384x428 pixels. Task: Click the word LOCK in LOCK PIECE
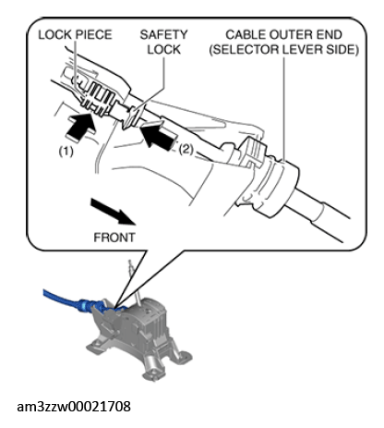coord(55,34)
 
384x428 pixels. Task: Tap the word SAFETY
coord(163,34)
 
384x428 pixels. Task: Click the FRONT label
coord(114,238)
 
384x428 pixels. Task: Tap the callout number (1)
coord(66,152)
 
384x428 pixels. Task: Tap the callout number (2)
coord(186,150)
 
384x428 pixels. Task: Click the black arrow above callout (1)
coord(80,127)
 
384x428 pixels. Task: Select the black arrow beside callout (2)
coord(160,137)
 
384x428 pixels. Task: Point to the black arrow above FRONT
coord(114,212)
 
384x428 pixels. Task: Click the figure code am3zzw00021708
coord(74,407)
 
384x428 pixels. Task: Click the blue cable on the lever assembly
coord(80,305)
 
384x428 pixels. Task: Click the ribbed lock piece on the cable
coord(94,95)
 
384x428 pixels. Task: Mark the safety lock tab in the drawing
coord(134,116)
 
